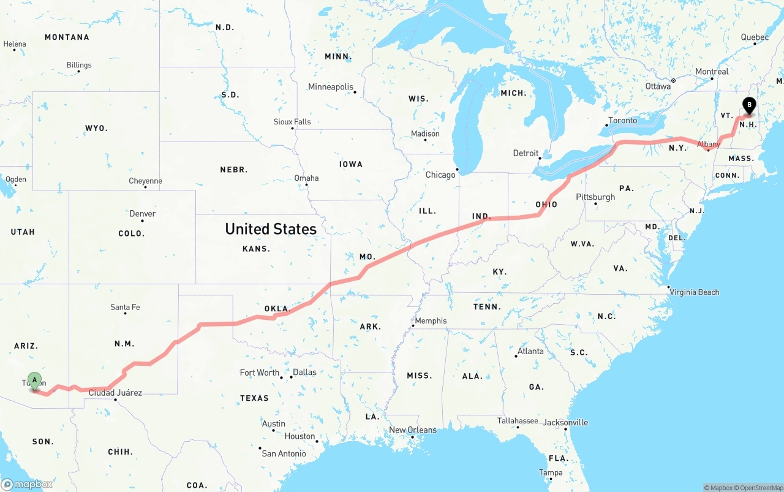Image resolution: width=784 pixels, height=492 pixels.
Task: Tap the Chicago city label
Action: click(440, 175)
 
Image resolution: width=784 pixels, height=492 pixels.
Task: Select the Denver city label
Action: click(143, 214)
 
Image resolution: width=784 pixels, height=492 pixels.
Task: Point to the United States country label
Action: click(271, 229)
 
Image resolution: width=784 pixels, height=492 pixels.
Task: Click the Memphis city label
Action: click(431, 321)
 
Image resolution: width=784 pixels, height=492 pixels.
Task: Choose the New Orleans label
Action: click(413, 430)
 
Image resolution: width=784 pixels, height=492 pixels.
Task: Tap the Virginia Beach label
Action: click(694, 292)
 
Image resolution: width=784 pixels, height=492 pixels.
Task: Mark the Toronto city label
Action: click(622, 121)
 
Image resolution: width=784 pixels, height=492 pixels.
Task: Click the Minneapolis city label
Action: click(331, 87)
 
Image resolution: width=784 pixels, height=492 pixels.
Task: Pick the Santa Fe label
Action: click(125, 307)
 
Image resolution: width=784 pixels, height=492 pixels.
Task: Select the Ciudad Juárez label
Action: click(115, 393)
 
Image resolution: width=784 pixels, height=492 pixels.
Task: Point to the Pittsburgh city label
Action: click(595, 197)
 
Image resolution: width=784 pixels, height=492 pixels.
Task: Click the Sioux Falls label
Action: click(292, 122)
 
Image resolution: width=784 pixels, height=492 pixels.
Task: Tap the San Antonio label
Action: click(284, 454)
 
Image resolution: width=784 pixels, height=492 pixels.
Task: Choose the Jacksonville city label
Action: click(565, 423)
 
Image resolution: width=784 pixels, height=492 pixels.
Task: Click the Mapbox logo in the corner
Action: click(27, 484)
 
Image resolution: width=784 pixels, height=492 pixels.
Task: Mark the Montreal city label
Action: click(712, 72)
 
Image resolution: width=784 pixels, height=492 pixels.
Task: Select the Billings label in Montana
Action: click(79, 65)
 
